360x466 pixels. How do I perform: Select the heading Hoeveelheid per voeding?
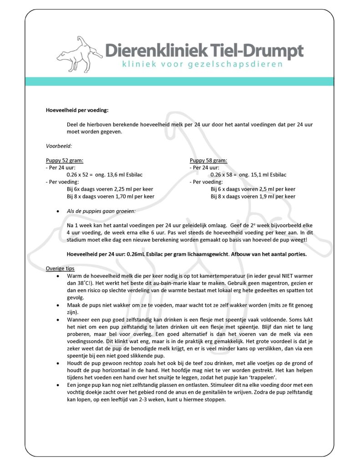[x=77, y=110]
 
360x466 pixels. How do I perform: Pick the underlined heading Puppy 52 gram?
[x=64, y=160]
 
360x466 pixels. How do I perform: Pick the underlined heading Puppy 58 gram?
[x=208, y=160]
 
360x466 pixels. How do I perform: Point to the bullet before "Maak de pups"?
[x=57, y=305]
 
